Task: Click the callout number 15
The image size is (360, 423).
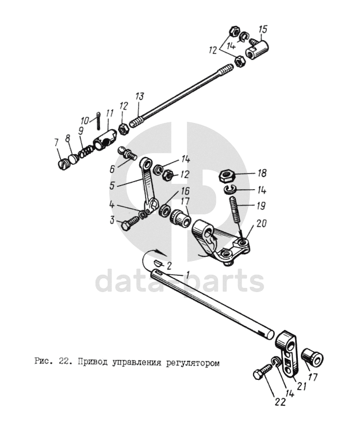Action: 263,30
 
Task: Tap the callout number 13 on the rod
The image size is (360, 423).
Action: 140,97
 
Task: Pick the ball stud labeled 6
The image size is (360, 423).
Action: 127,152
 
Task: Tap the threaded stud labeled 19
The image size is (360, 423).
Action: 235,209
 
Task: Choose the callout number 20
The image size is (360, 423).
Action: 262,224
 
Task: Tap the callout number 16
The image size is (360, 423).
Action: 185,191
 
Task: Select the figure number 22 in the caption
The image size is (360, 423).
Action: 63,362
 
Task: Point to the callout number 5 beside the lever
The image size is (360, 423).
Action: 113,186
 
